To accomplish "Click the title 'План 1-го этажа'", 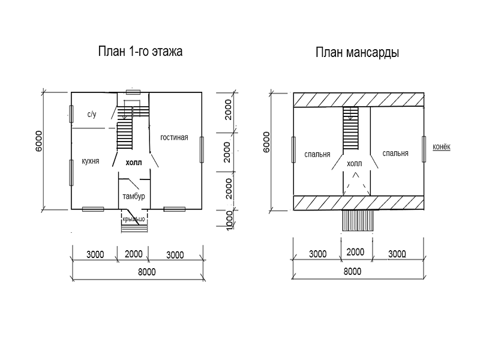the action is click(140, 52).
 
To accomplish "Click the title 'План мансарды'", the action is click(357, 52).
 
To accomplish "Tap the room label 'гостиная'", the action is click(174, 137).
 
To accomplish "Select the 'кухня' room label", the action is click(91, 161).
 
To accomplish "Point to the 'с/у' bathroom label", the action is click(92, 115).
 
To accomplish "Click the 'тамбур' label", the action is click(134, 196).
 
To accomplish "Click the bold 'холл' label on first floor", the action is click(134, 163).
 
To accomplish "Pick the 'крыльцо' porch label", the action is click(134, 219).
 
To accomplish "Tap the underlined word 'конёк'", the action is click(442, 146).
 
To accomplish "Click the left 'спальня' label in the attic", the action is click(317, 154).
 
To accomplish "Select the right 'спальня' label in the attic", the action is click(395, 153).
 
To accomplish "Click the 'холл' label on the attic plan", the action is click(355, 164).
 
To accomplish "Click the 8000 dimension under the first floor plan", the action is click(146, 272).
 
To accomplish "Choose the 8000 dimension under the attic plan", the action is click(352, 271).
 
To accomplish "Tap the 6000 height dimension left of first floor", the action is click(38, 141).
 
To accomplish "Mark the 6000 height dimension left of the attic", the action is click(266, 142).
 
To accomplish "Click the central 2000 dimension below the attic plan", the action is click(355, 252).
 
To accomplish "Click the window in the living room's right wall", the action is click(202, 149).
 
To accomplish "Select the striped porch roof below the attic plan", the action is click(358, 220).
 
